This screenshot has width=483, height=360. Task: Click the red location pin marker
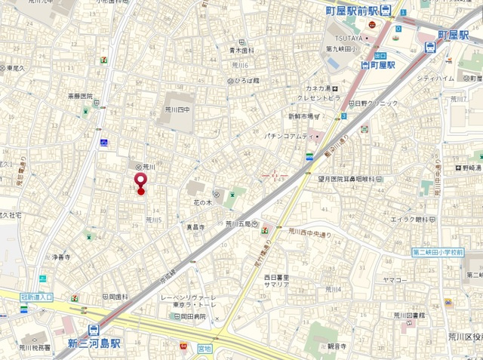pyautogui.click(x=140, y=182)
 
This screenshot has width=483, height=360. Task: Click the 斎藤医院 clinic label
pyautogui.click(x=79, y=96)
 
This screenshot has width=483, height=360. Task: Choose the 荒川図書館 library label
pyautogui.click(x=411, y=315)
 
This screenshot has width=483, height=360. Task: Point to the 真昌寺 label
pyautogui.click(x=195, y=226)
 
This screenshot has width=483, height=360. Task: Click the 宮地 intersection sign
pyautogui.click(x=204, y=349)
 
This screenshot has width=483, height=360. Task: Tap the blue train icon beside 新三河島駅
pyautogui.click(x=94, y=329)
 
